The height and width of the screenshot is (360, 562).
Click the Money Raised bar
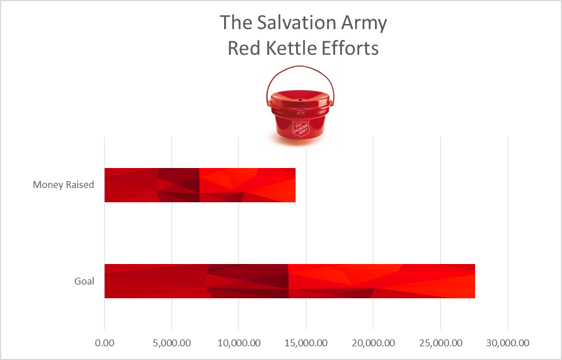tap(200, 185)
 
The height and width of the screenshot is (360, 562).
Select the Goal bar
tap(289, 281)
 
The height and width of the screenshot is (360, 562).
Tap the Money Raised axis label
tap(63, 185)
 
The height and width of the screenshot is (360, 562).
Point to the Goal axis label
tap(84, 281)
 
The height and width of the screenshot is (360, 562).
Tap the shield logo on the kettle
tap(300, 127)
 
